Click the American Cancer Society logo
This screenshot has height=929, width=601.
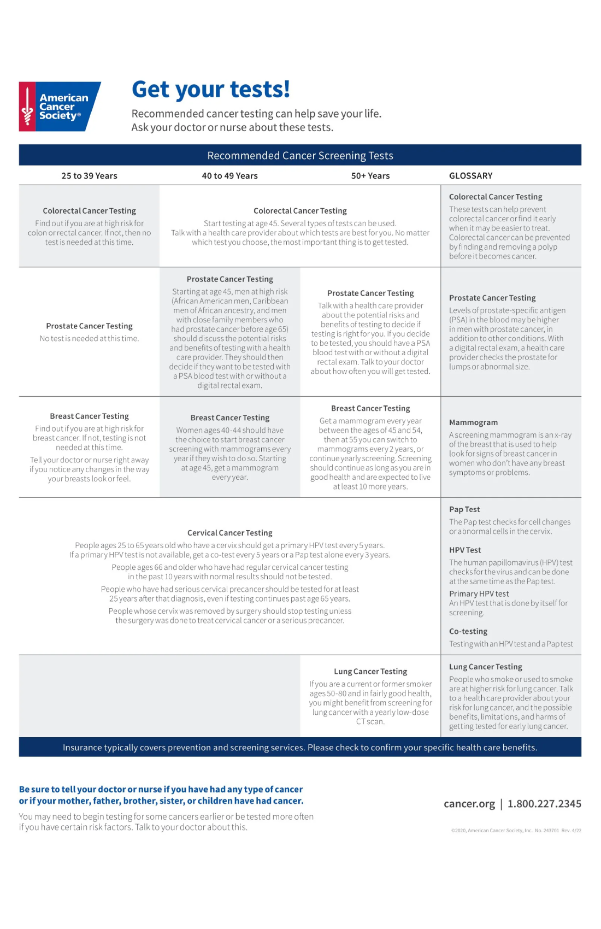(60, 107)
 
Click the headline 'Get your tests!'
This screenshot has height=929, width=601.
(211, 89)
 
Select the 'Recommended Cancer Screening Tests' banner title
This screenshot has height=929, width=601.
(300, 156)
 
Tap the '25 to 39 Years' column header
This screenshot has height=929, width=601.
(89, 176)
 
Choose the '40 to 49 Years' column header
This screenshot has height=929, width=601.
(229, 176)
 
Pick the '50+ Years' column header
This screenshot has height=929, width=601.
(370, 176)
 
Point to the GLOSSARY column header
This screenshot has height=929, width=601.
(470, 176)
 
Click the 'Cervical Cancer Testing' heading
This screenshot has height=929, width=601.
(229, 533)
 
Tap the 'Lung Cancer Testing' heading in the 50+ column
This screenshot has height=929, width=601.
(370, 672)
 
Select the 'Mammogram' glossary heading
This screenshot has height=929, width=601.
(473, 422)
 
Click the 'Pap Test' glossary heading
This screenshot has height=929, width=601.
(464, 509)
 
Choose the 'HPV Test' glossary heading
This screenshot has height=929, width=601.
(465, 550)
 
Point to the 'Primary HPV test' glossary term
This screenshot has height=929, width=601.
(479, 594)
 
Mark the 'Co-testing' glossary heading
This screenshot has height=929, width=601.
(468, 631)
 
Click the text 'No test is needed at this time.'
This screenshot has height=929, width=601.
(89, 339)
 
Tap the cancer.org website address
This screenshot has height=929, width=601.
(469, 804)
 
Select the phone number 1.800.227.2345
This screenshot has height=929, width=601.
(544, 804)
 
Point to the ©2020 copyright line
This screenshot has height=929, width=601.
(516, 831)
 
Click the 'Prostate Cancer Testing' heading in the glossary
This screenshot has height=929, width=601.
(492, 298)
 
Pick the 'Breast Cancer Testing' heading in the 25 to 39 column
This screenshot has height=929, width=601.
(89, 416)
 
